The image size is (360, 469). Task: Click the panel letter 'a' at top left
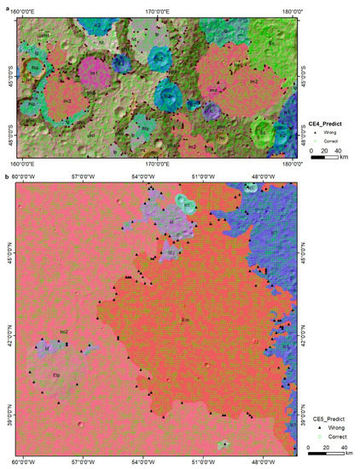click(x=6, y=5)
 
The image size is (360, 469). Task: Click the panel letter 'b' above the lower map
click(x=6, y=177)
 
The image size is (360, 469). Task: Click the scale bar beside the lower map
click(x=328, y=453)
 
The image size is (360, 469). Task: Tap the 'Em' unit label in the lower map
click(x=184, y=321)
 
